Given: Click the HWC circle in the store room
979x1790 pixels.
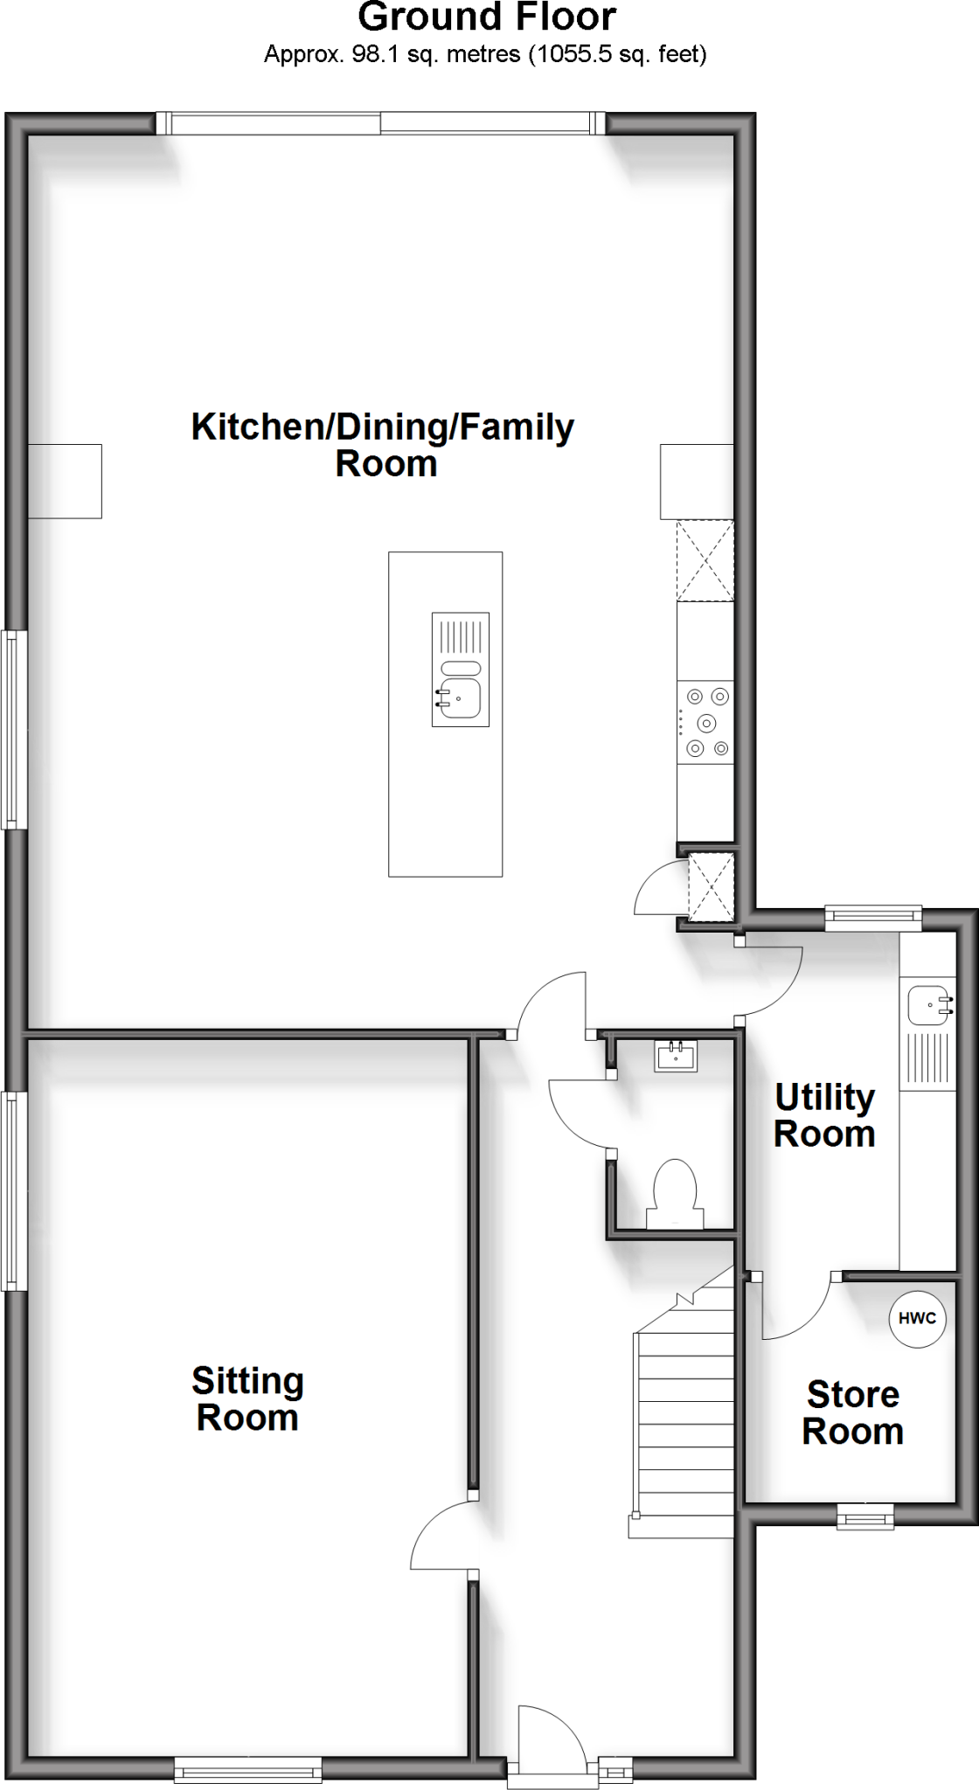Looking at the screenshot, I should pos(917,1318).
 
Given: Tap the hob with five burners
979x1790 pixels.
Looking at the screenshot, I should pos(706,723).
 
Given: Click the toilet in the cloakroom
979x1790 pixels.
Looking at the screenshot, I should pos(675,1194).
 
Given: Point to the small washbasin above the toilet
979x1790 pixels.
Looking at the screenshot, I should pos(676,1056).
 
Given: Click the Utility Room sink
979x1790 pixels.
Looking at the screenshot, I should pos(927,1004).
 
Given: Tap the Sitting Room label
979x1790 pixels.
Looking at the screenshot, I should pos(247,1399).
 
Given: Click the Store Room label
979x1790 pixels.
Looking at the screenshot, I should pos(852,1413).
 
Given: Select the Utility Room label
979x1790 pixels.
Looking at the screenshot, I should pos(824,1115).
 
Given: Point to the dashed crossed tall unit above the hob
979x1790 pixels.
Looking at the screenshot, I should pos(705,560).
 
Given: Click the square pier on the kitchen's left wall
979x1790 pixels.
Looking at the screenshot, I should pos(65,482).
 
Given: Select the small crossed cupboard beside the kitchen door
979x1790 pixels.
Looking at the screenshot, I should pos(710,888).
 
